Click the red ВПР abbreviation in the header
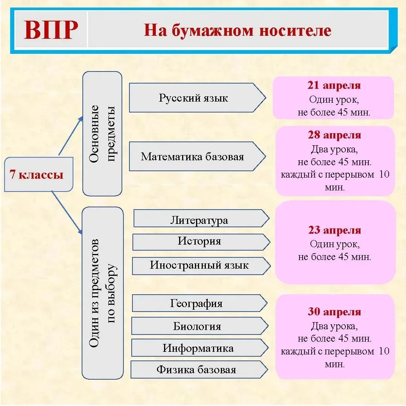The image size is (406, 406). [x=51, y=30]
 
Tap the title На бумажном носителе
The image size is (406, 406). [x=237, y=30]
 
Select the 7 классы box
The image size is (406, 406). [x=38, y=175]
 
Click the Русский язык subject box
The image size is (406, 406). [x=194, y=98]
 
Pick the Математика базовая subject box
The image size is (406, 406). [x=193, y=157]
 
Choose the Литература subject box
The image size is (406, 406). [x=199, y=220]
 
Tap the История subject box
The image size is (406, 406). [x=199, y=241]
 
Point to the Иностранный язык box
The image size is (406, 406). [x=199, y=265]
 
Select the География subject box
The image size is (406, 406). [x=197, y=303]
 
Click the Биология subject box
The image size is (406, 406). [x=197, y=326]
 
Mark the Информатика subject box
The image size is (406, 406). [x=198, y=348]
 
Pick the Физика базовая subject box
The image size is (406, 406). [x=196, y=370]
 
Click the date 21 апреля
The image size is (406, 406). [x=334, y=85]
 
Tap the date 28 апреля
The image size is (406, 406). [x=334, y=135]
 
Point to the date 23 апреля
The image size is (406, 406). [x=335, y=230]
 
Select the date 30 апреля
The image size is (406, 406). [x=335, y=312]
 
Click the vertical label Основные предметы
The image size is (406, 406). [x=102, y=134]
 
